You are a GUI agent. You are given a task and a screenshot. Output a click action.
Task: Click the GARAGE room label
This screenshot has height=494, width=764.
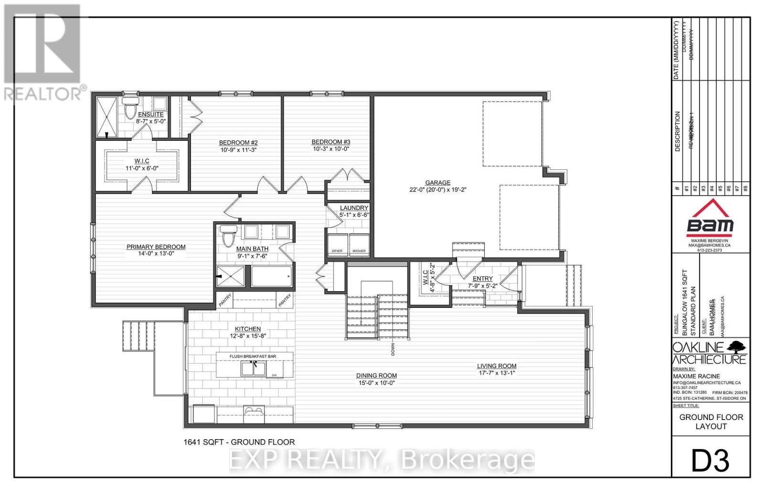(437, 182)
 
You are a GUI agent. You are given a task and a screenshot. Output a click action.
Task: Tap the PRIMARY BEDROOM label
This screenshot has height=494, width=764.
(156, 247)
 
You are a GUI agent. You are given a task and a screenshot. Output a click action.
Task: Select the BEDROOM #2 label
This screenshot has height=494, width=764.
(238, 143)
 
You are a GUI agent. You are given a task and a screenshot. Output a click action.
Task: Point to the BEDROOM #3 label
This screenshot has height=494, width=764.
(331, 142)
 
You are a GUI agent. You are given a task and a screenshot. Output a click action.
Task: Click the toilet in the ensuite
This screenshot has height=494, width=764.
(129, 109)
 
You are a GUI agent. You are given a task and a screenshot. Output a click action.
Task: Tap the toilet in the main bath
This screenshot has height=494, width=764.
(228, 235)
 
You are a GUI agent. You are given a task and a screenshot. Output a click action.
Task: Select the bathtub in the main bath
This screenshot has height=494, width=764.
(271, 276)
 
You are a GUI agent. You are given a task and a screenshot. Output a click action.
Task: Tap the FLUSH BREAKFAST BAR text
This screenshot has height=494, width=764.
(253, 356)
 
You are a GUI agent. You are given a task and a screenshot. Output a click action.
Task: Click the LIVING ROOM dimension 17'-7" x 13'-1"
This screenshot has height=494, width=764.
(496, 373)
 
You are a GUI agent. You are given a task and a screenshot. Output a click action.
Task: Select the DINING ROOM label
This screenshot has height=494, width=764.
(376, 376)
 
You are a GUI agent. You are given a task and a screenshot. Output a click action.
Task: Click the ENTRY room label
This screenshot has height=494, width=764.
(482, 279)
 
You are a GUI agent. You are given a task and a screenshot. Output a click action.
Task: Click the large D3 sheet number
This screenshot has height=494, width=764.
(710, 461)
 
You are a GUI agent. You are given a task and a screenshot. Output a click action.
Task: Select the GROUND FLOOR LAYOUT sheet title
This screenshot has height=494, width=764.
(711, 421)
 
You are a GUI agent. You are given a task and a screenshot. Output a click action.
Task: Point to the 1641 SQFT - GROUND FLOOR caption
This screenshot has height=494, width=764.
(239, 442)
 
